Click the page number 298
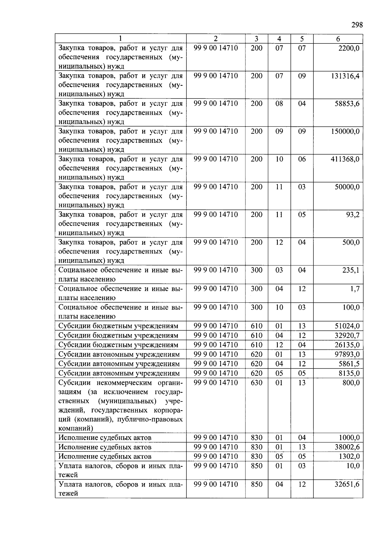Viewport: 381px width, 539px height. tap(357, 25)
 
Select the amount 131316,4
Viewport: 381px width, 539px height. tap(345, 76)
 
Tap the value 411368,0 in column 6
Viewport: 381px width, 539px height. tap(345, 159)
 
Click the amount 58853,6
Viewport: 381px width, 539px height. tap(347, 104)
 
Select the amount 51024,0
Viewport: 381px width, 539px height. tap(347, 326)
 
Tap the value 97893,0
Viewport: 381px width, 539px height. tap(347, 354)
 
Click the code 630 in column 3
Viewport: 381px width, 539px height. tap(257, 383)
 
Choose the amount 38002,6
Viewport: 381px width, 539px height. tap(347, 447)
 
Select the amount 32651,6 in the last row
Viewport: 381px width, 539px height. tap(347, 485)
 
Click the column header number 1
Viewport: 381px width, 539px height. tap(120, 39)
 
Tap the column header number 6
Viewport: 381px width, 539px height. tap(338, 39)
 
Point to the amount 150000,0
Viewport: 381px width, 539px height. tap(345, 131)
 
